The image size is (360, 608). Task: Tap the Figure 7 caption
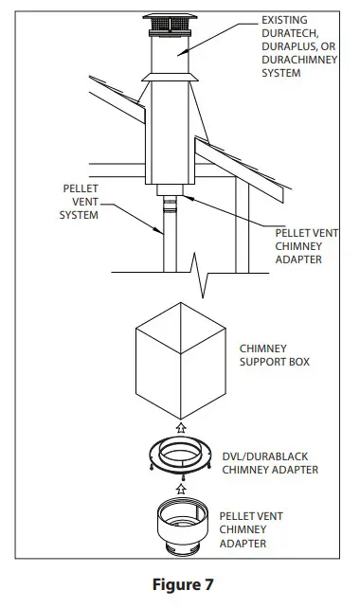pos(180,582)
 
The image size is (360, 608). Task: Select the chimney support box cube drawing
pos(180,365)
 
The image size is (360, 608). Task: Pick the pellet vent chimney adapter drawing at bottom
pos(179,525)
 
